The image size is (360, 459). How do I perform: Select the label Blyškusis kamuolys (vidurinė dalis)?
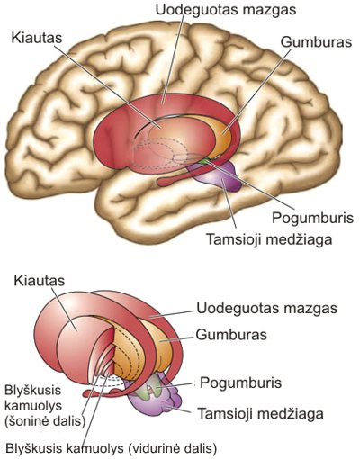click(112, 447)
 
